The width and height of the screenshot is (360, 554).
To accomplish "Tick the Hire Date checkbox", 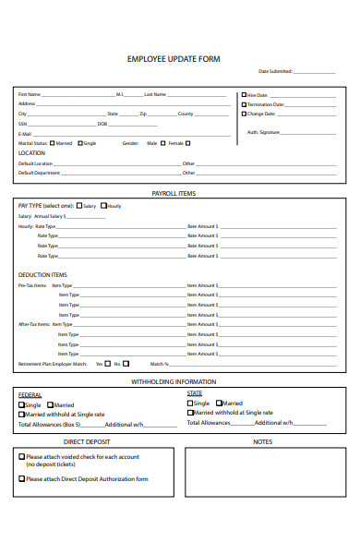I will coord(244,94).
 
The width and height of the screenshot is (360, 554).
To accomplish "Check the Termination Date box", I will coord(244,103).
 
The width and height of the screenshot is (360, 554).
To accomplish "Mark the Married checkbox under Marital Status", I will coord(53,143).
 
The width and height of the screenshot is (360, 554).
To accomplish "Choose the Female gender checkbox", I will coord(163,143).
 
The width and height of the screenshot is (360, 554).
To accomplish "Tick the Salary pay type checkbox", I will coord(79,205).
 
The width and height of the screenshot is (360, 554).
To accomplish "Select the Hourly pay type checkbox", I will coord(103,205).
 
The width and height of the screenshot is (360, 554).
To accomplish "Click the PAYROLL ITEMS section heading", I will coord(174,193).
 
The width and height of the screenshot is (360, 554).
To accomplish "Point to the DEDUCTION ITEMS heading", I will coord(42,274).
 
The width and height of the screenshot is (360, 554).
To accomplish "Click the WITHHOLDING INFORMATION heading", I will coord(174,381).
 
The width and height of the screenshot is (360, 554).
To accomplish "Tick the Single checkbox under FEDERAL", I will coord(22,404).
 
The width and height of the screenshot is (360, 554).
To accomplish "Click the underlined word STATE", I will coord(195,393).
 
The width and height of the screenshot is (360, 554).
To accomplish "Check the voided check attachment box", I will coord(22,456).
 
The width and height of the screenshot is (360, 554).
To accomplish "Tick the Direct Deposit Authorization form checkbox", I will coord(22,478).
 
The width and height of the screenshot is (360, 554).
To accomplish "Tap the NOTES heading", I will coord(262,441).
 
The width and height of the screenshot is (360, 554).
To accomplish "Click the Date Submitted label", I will coord(275,71).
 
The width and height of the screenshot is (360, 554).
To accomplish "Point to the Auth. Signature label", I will coord(264,132).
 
